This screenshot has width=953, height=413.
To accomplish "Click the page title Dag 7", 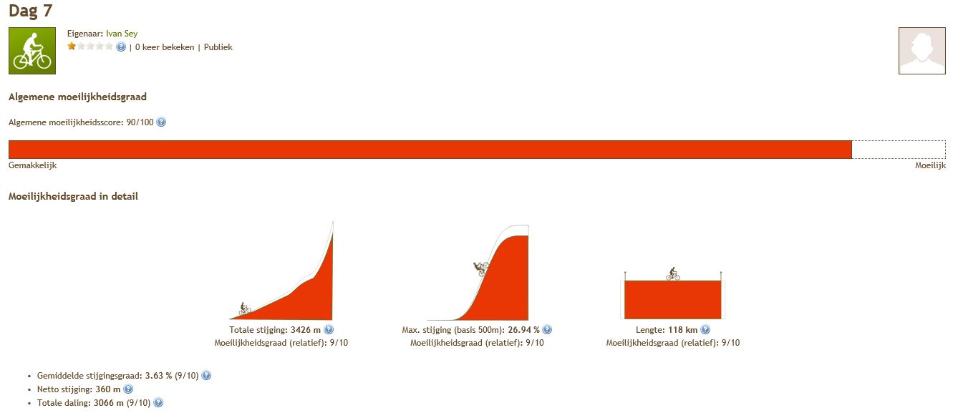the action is click(x=30, y=11).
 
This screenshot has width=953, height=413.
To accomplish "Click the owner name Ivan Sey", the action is click(x=122, y=34).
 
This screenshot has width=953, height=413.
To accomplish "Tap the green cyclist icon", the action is click(x=32, y=51).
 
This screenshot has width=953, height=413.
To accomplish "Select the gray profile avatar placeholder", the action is click(x=922, y=51).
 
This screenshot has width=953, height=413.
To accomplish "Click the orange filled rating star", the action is click(x=72, y=47).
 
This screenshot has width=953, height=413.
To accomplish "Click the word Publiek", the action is click(x=218, y=47).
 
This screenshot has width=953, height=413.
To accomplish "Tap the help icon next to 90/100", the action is click(x=161, y=122).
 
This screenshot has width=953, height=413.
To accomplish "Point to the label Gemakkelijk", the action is click(x=32, y=165).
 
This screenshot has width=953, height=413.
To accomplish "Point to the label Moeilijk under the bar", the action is click(x=931, y=165).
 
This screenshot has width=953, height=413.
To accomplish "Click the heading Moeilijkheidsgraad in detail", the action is click(x=73, y=196).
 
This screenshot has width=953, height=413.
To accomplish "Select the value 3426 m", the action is click(x=306, y=330).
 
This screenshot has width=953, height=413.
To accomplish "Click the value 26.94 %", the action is click(x=523, y=330).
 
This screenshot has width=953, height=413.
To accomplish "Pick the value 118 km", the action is click(x=683, y=330).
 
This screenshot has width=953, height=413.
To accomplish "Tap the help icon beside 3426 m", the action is click(x=329, y=330).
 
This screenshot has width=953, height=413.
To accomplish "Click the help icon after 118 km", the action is click(x=705, y=330).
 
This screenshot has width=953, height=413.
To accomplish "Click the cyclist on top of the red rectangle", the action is click(x=673, y=274).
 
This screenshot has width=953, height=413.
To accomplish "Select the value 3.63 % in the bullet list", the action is click(x=158, y=376).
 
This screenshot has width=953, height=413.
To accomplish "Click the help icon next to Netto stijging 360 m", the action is click(x=128, y=389).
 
